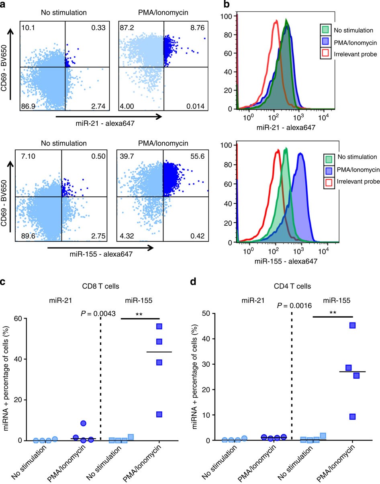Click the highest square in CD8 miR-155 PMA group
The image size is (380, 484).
(x=159, y=326)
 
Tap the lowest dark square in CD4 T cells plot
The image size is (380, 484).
(x=353, y=417)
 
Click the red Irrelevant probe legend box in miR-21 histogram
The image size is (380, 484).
(x=325, y=54)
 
